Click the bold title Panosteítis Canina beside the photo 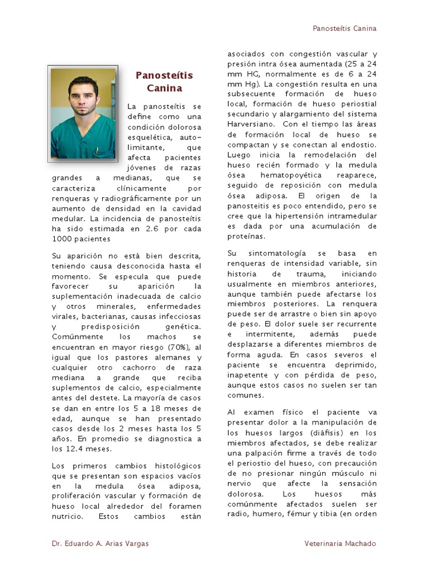pyautogui.click(x=164, y=82)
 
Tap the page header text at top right pyautogui.click(x=344, y=28)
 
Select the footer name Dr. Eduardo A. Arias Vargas pyautogui.click(x=101, y=544)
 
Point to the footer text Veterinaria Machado pyautogui.click(x=340, y=544)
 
